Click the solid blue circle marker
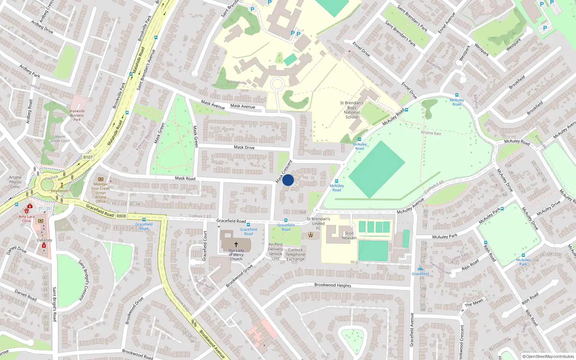tap(288, 180)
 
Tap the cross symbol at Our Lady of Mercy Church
tap(236, 244)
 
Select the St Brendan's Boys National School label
tap(352, 110)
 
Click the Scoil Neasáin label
tap(349, 235)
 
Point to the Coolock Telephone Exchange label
tap(295, 255)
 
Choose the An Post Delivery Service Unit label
tap(275, 251)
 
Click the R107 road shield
tap(88, 157)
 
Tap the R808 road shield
tap(121, 216)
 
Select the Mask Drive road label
tap(244, 147)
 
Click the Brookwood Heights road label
tap(333, 285)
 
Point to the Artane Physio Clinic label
tap(15, 182)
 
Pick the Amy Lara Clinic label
tap(27, 219)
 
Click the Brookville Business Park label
tap(77, 115)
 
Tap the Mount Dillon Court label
tap(60, 139)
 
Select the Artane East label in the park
tap(431, 133)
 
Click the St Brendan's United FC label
tap(318, 223)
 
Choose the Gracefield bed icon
tap(420, 269)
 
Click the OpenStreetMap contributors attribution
tap(548, 356)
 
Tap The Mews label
tap(474, 303)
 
